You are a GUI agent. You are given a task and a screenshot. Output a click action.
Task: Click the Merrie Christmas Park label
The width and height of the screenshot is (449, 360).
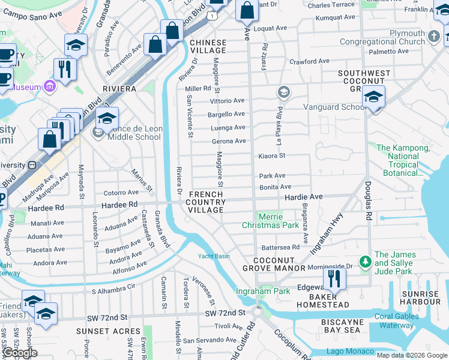(x=270, y=221)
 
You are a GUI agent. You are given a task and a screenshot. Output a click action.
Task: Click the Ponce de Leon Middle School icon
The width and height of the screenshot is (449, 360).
(x=97, y=132)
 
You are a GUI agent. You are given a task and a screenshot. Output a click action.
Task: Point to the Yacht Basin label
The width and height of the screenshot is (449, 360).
(x=214, y=256)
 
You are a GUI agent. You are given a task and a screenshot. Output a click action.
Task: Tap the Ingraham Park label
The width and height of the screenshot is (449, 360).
(x=263, y=291)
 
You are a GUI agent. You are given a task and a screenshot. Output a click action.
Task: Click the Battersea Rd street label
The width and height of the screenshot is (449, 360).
(x=280, y=247)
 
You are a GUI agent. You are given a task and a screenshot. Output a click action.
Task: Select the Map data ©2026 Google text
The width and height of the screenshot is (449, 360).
(x=412, y=355)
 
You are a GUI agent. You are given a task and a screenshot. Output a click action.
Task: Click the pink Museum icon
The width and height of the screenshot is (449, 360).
(x=49, y=87)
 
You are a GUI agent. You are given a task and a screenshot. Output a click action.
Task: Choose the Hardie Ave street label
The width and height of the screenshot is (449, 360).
(x=303, y=197)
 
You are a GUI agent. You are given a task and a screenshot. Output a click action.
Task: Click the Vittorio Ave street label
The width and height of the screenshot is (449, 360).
(x=227, y=101)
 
